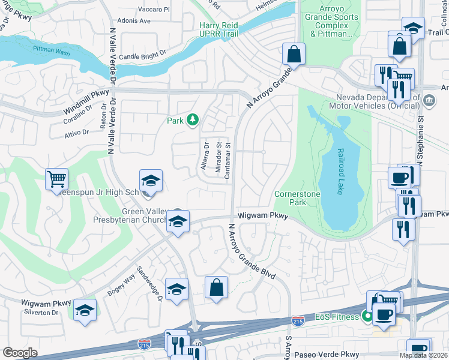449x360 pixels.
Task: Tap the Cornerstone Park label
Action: [291, 198]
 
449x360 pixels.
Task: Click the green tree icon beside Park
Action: [192, 121]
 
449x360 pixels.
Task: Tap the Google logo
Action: [20, 353]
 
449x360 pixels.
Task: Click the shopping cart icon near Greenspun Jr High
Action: [56, 179]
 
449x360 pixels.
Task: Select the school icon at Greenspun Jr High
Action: [151, 181]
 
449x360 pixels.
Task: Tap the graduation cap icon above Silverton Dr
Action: [85, 310]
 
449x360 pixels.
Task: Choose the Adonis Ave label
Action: [134, 20]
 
